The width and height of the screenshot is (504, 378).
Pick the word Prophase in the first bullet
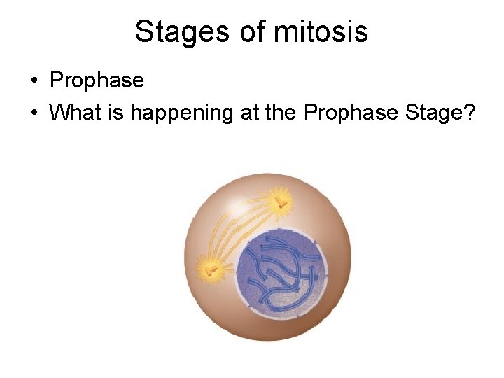[97, 81]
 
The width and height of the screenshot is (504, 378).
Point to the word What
[75, 112]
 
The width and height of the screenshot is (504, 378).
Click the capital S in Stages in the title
[143, 31]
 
